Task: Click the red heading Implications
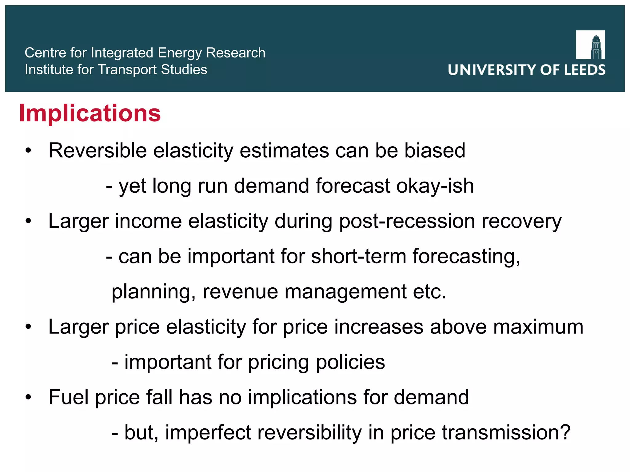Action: pos(90,113)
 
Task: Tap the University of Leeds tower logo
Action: pos(590,45)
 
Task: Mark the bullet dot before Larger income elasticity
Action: pos(28,221)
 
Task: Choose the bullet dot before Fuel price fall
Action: pos(28,397)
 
